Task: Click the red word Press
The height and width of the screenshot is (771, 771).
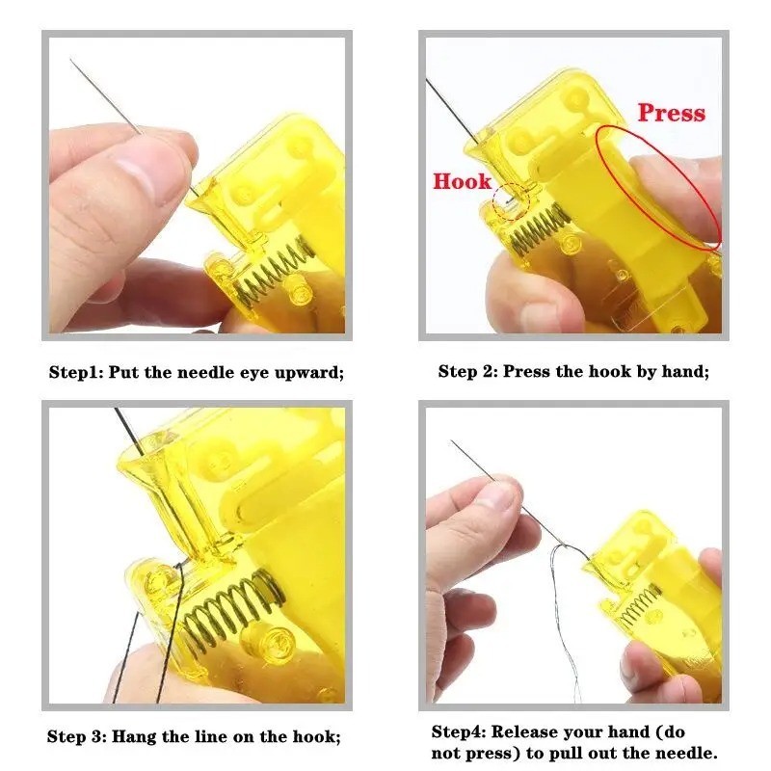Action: [671, 113]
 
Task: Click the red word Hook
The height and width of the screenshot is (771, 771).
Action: [463, 181]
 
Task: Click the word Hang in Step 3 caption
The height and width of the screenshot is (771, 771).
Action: [134, 736]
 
